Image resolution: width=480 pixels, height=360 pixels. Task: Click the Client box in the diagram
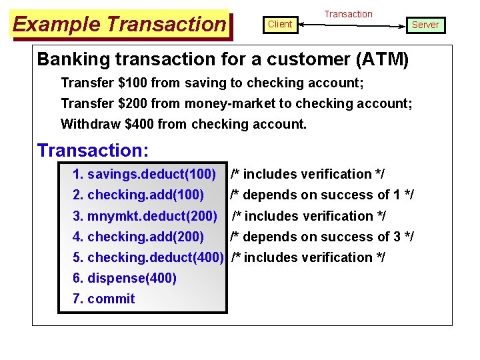pos(280,24)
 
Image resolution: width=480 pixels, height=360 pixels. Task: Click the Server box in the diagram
pos(425,25)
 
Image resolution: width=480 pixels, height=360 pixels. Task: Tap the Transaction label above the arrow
pos(348,14)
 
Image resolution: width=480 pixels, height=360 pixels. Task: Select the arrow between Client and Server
pos(352,25)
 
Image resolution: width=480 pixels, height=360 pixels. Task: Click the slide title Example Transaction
pos(120,25)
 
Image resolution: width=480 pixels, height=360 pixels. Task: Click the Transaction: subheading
pos(93,150)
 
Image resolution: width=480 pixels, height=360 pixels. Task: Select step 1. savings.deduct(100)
pos(144,175)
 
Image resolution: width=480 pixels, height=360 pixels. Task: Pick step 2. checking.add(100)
pos(138,195)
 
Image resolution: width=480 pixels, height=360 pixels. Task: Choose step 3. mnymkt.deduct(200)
pos(145,216)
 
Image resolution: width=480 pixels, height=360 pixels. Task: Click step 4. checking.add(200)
pos(138,237)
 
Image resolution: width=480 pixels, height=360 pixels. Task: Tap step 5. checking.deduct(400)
pos(147,257)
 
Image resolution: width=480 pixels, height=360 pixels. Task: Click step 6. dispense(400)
pos(125,278)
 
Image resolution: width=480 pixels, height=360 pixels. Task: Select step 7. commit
pos(103,299)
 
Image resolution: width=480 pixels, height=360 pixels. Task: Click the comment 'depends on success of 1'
pos(322,195)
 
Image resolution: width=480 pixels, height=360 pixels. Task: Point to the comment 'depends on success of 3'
pos(322,237)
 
